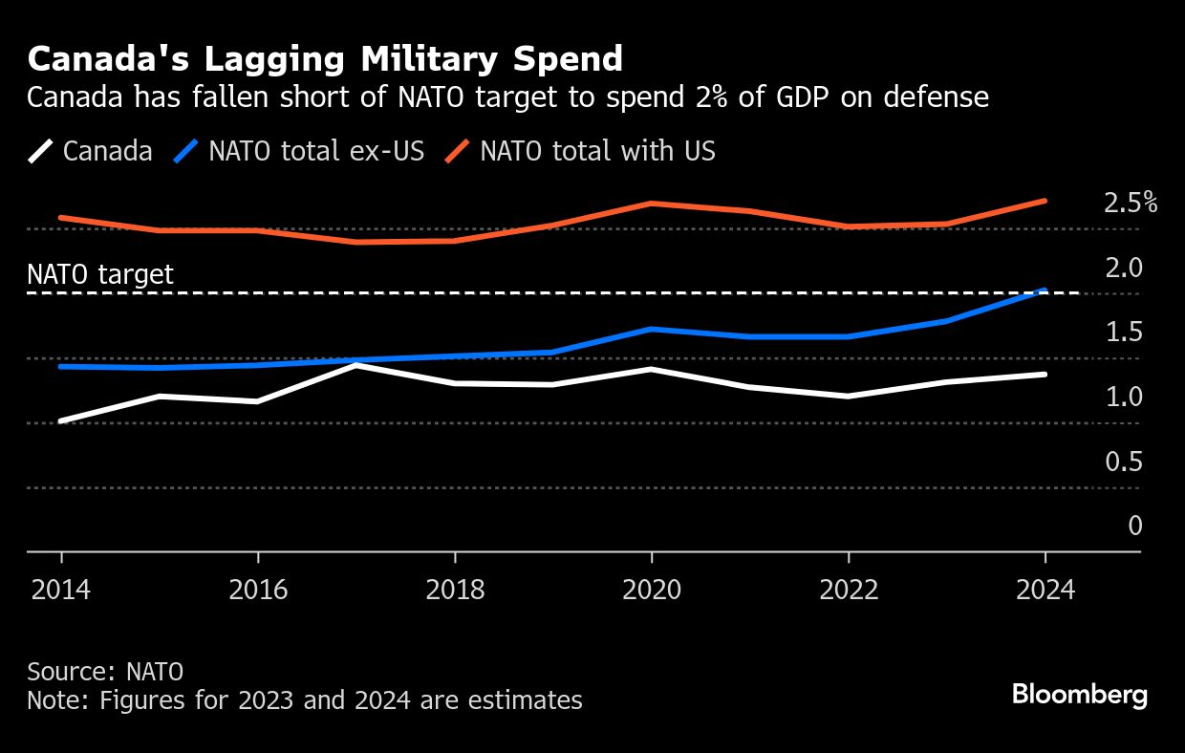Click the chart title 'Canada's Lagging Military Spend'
325,59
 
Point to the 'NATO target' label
100,275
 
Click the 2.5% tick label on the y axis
1130,204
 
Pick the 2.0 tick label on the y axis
1123,268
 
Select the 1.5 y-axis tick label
1123,333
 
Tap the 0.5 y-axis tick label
1123,463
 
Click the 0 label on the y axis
1134,526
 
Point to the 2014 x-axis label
61,590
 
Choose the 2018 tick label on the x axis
455,590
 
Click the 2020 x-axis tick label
652,590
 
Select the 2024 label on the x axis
1045,590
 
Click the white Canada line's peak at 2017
356,365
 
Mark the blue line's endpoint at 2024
1045,290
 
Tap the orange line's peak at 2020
652,204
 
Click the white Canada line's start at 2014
61,420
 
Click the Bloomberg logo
1080,695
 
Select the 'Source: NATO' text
105,672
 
